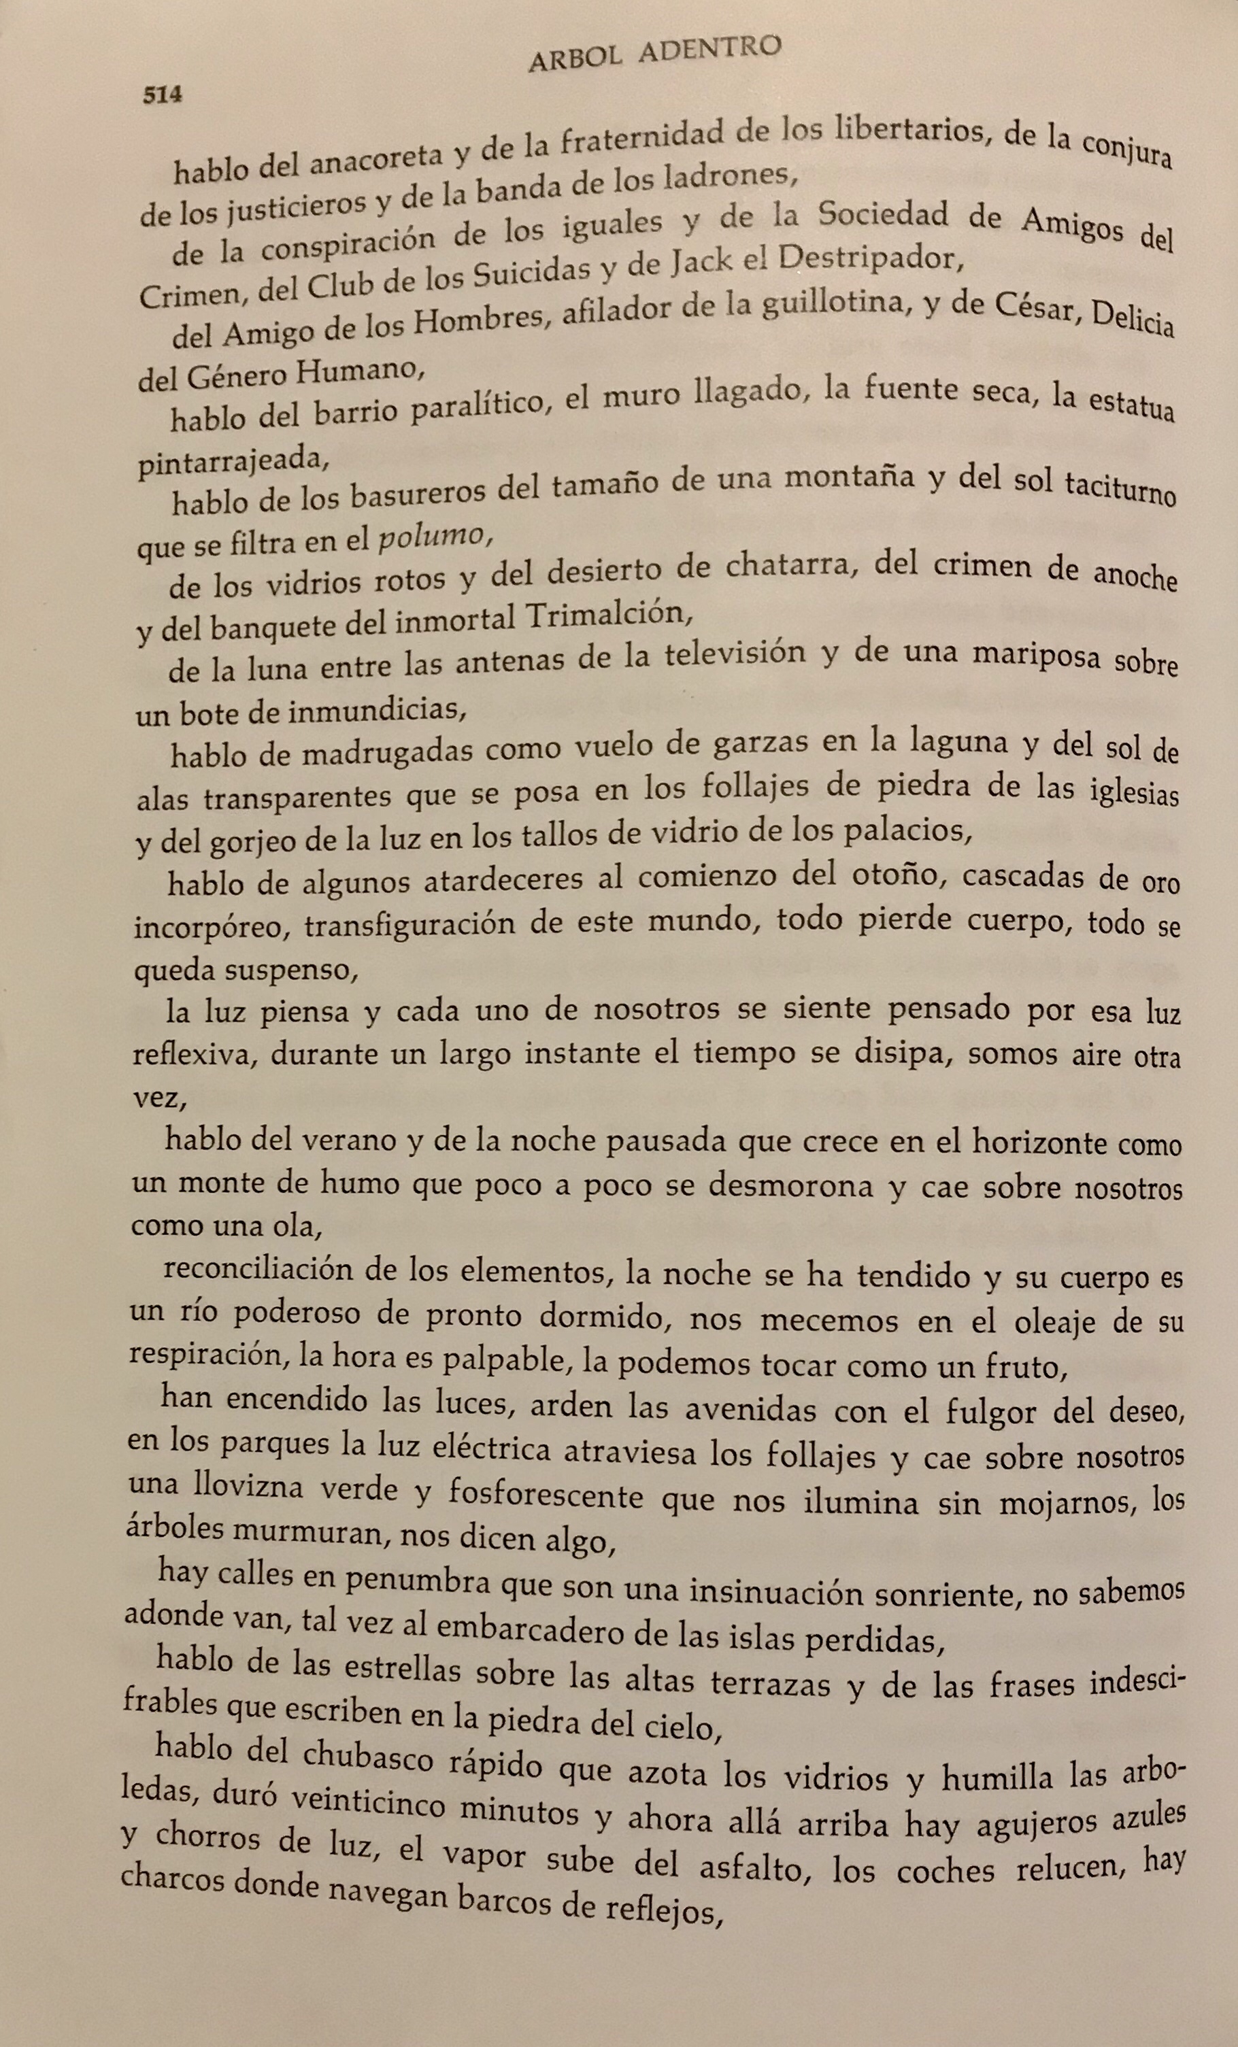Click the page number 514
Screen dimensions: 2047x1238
point(162,95)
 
